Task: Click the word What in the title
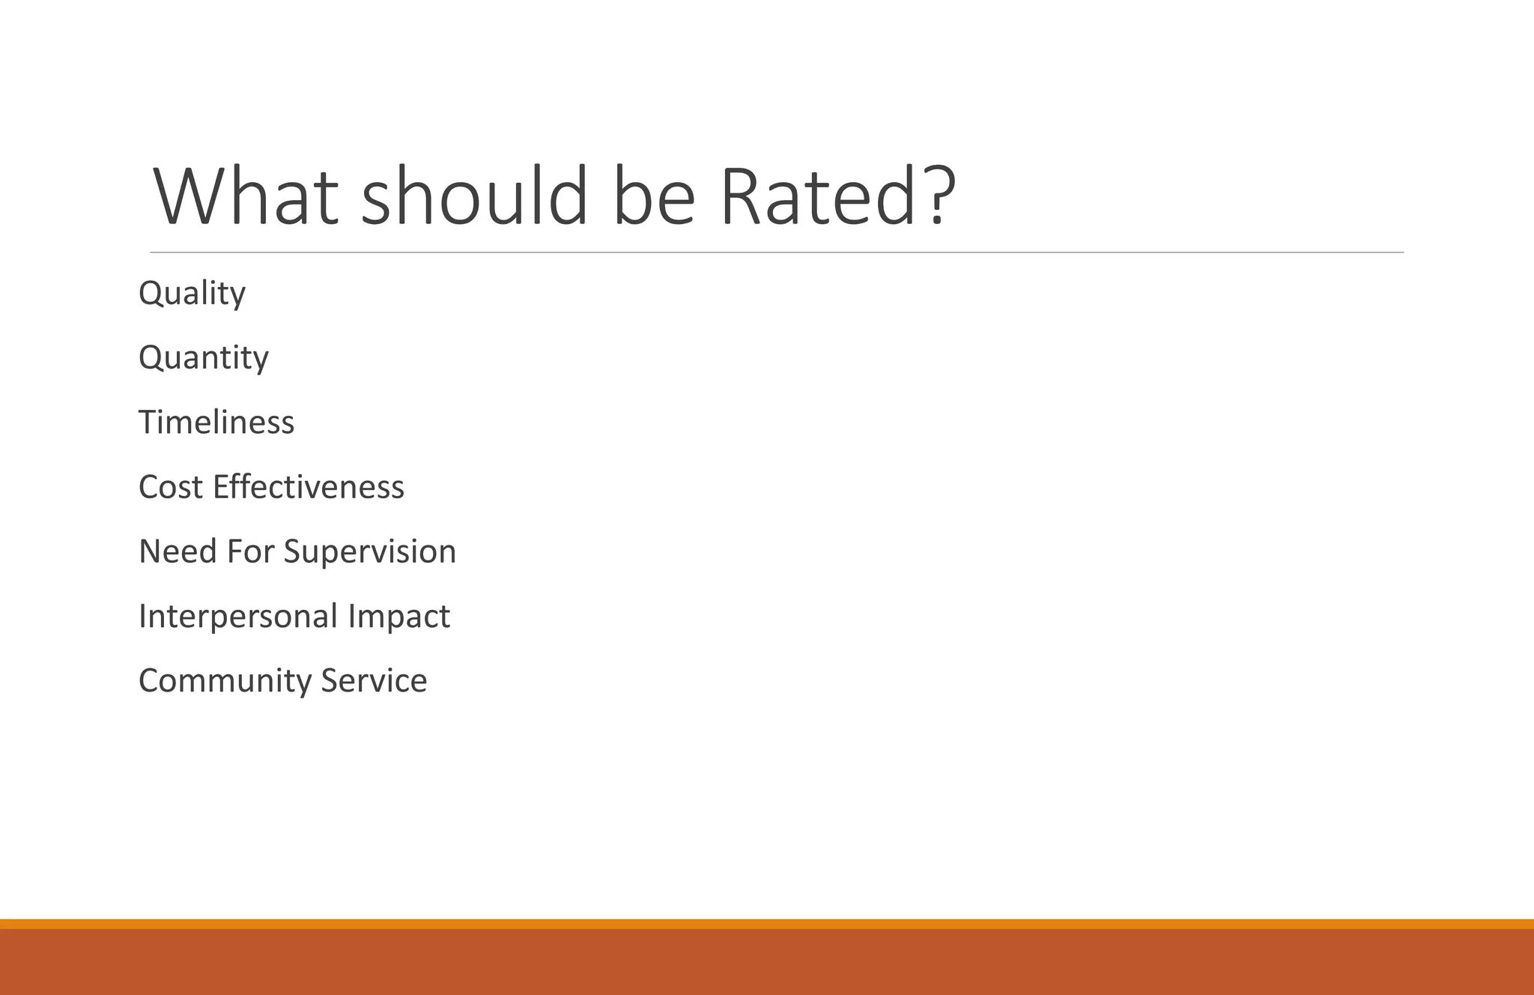pos(246,196)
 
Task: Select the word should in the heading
pos(475,196)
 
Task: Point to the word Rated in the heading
pos(819,196)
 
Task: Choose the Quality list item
pos(192,293)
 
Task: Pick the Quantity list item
pos(204,357)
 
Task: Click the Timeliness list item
pos(216,422)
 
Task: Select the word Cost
pos(171,487)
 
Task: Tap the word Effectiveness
pos(309,487)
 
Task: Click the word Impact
pos(398,617)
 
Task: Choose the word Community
pos(225,681)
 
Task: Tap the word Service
pos(374,680)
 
